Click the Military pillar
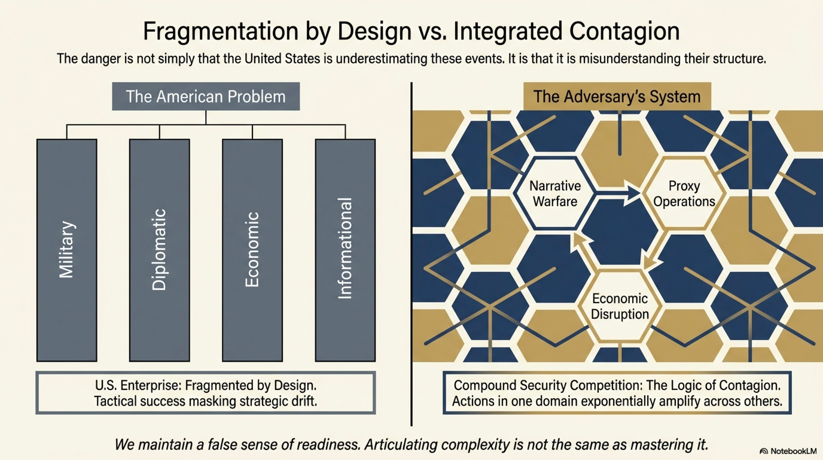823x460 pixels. [x=67, y=250]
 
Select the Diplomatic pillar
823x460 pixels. [x=159, y=250]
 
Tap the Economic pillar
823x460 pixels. [x=252, y=250]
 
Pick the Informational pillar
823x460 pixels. [x=345, y=250]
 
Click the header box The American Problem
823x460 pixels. [x=206, y=96]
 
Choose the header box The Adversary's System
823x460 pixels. [x=617, y=96]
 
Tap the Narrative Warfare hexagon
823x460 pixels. [x=555, y=193]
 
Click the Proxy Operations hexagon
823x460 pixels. [x=684, y=193]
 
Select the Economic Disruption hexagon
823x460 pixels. [x=620, y=306]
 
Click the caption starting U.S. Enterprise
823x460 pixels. [x=205, y=393]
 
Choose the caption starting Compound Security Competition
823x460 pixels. [x=617, y=393]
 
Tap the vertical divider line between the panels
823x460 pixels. [x=411, y=256]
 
